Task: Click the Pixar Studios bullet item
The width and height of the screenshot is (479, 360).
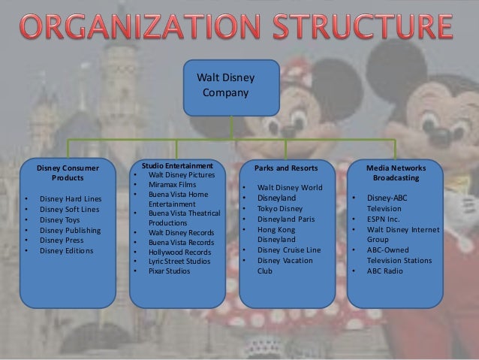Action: click(x=170, y=270)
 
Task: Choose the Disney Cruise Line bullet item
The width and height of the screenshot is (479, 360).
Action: click(x=288, y=250)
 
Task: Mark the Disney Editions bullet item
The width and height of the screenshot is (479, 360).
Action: click(x=67, y=250)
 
